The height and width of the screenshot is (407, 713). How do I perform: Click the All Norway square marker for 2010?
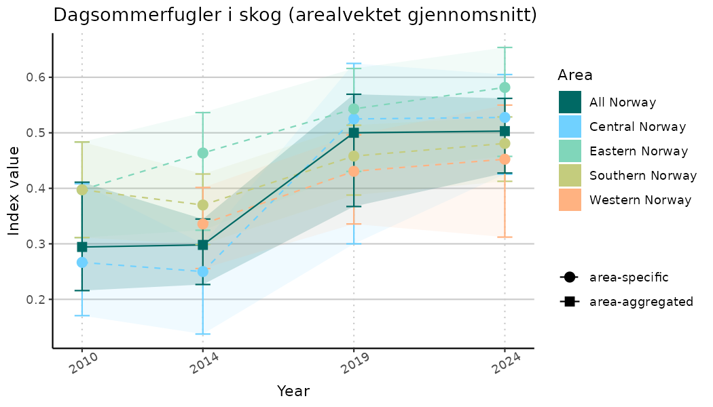[x=82, y=247]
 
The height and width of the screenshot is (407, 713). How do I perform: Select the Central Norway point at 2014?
[x=202, y=271]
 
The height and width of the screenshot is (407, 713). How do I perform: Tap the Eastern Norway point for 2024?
[x=505, y=88]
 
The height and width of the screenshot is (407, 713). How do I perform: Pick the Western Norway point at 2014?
[x=202, y=224]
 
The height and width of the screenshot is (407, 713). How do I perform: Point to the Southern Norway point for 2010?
[x=82, y=190]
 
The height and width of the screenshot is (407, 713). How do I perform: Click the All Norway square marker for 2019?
[x=354, y=133]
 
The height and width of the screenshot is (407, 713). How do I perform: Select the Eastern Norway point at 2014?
[x=202, y=153]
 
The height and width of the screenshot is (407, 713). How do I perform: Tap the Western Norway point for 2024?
[x=505, y=159]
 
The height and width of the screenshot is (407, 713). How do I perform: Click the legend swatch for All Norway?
[x=570, y=102]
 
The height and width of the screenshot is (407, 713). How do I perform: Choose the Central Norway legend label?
[x=638, y=127]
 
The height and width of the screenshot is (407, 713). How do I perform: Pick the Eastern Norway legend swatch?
[x=570, y=151]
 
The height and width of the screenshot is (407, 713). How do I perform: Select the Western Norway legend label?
[x=640, y=200]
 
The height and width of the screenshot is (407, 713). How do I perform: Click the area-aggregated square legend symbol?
[x=569, y=301]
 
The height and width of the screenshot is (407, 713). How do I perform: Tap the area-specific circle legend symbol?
[x=569, y=277]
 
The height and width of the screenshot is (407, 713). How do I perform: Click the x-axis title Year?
[x=293, y=391]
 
